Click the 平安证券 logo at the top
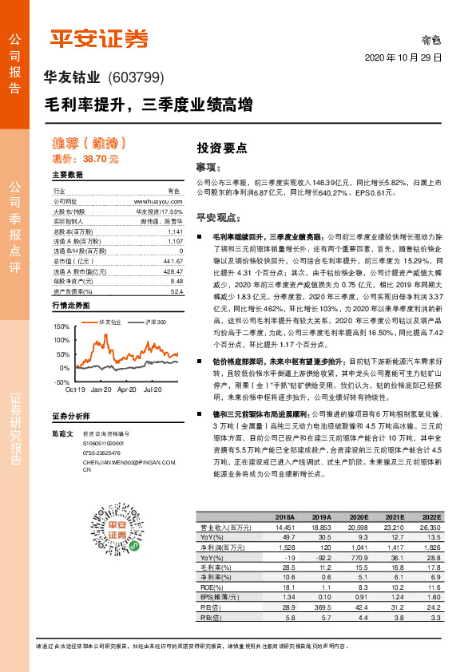tap(99, 38)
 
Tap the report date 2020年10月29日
tap(403, 58)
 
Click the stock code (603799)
tap(134, 77)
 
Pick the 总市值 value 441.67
tap(173, 261)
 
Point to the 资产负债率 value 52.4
tap(177, 291)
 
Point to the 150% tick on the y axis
tap(61, 327)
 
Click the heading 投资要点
tap(222, 148)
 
